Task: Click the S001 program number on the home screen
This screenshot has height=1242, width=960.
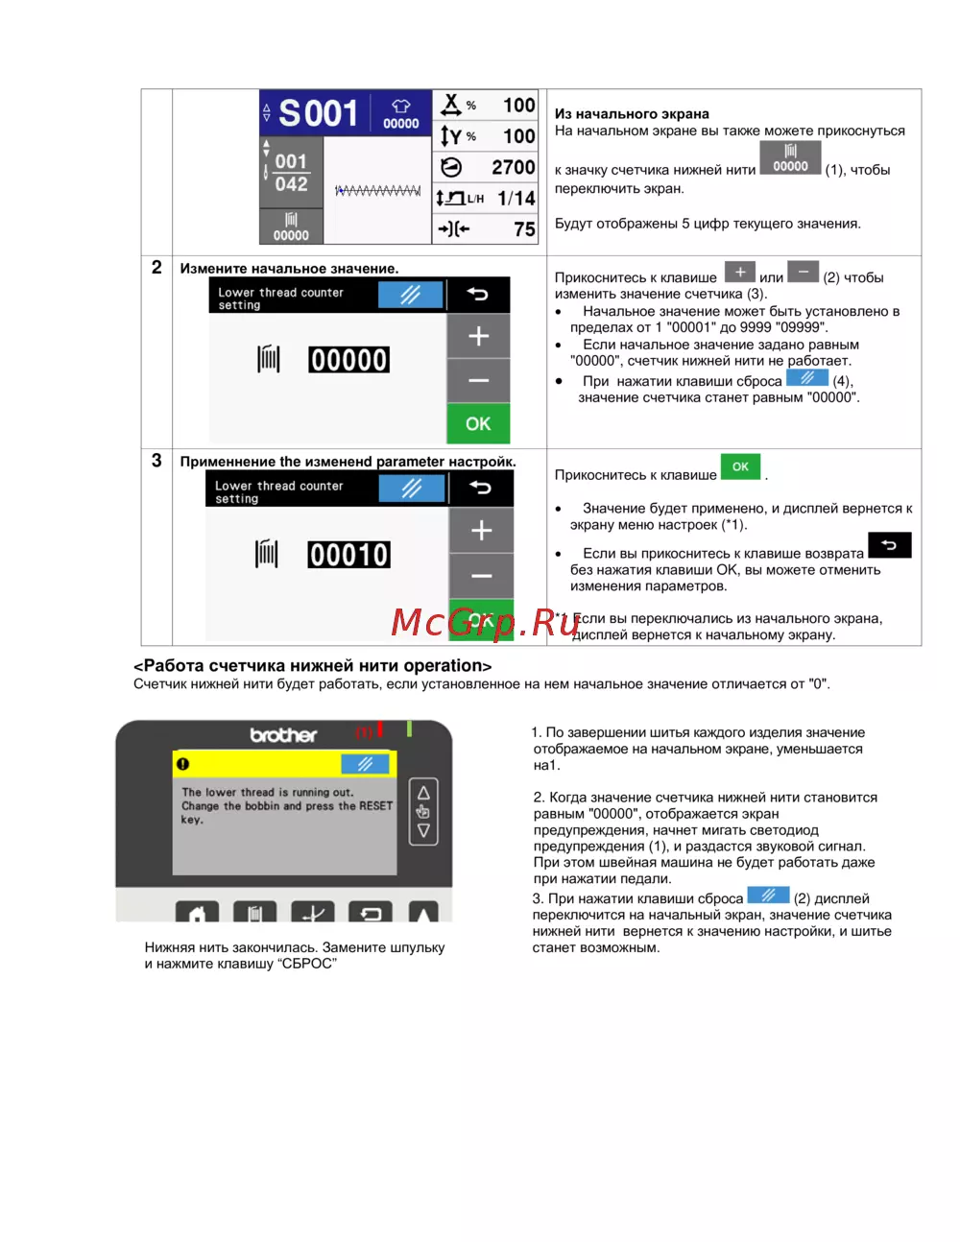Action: coord(319,112)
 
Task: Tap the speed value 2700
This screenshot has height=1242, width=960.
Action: coord(514,167)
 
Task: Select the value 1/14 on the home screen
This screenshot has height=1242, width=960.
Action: coord(516,199)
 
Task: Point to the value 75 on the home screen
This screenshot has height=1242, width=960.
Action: coord(524,229)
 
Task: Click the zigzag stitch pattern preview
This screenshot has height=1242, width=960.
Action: coord(377,190)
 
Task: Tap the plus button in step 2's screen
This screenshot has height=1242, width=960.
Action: coord(478,336)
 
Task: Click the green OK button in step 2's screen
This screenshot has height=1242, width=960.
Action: coord(478,423)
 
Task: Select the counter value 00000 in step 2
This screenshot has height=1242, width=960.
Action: coord(348,360)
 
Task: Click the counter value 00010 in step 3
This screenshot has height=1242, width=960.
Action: coord(348,555)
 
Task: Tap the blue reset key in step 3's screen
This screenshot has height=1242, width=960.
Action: coord(412,489)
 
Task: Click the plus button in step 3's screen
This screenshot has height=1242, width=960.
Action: coord(481,531)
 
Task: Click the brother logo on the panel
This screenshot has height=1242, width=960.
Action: coord(283,735)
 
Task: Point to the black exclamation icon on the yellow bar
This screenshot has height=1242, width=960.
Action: coord(182,764)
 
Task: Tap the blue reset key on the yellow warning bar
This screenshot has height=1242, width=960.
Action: coord(365,764)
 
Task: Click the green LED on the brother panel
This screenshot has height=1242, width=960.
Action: coord(409,728)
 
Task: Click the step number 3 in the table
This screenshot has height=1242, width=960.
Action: coord(156,461)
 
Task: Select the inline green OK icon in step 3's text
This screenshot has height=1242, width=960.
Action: coord(740,466)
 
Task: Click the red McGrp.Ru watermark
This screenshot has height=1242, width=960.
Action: coord(485,622)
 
